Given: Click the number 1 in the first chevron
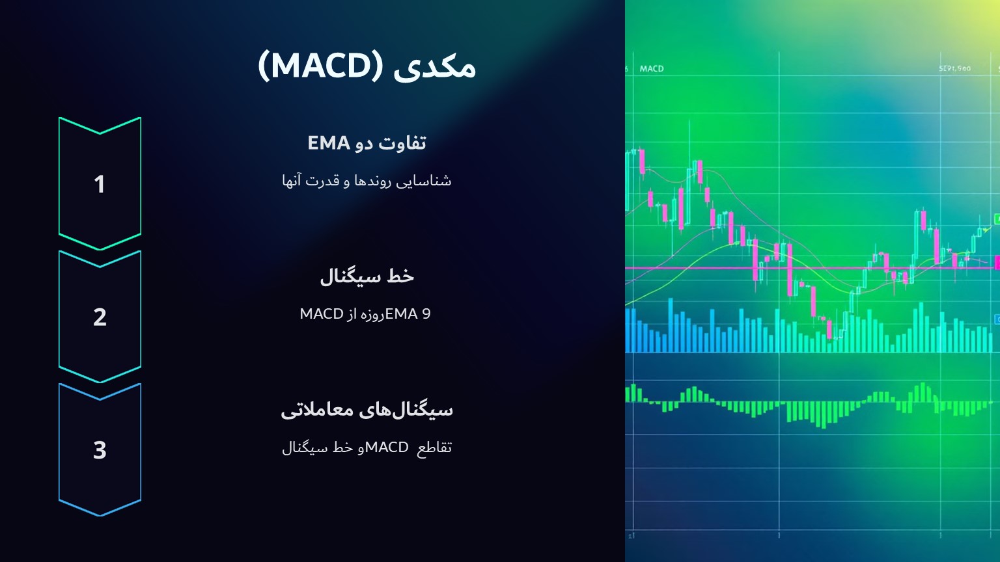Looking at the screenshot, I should click(100, 184).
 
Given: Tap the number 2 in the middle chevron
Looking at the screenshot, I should click(100, 317).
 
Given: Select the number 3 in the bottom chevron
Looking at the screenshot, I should click(100, 449).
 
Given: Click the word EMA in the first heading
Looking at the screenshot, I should click(329, 142).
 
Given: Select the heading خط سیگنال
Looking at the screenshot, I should click(367, 276).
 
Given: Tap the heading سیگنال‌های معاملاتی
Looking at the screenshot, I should click(367, 409).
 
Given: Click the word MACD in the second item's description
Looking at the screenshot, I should click(322, 314).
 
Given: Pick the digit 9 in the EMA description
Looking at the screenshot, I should click(426, 314).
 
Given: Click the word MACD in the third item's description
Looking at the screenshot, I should click(387, 447).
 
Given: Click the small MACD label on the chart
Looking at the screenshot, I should click(652, 68).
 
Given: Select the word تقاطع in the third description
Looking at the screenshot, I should click(434, 447).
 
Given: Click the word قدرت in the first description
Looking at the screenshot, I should click(323, 180).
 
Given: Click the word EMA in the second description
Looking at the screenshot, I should click(401, 314).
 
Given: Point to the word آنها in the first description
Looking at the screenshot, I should click(293, 180).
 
